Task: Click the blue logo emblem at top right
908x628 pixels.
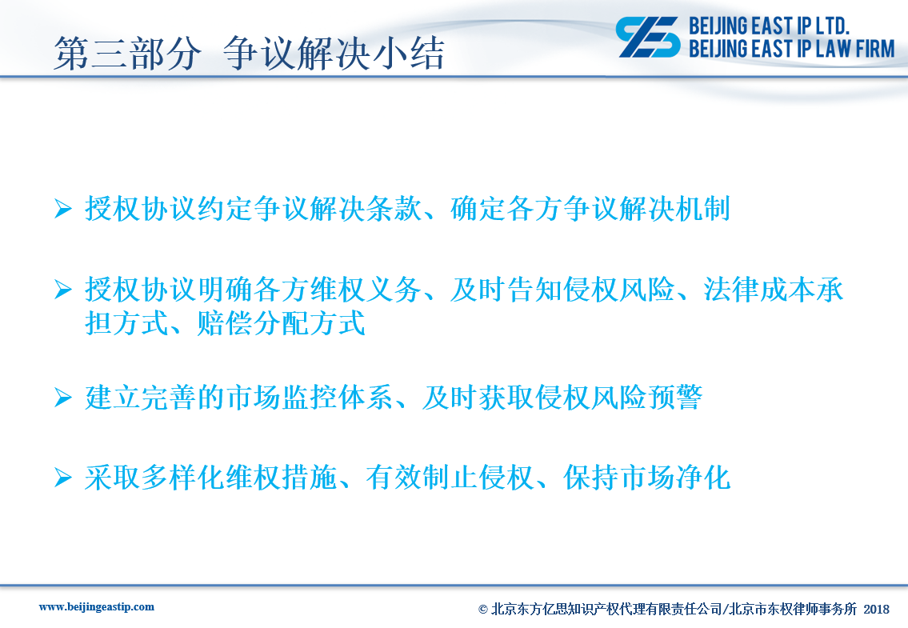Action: tap(647, 37)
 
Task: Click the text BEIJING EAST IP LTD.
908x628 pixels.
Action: tap(769, 26)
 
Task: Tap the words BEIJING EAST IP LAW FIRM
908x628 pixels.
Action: tap(792, 49)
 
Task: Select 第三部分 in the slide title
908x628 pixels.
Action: tap(127, 54)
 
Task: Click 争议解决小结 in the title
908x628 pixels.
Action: tap(334, 54)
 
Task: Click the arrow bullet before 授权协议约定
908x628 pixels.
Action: tap(63, 209)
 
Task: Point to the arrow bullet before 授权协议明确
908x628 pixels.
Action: tap(63, 289)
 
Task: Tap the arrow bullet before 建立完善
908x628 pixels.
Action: tap(63, 398)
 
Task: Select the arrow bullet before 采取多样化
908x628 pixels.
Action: tap(63, 478)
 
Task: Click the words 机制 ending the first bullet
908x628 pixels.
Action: tap(702, 209)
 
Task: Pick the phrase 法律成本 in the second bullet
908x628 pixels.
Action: tap(758, 289)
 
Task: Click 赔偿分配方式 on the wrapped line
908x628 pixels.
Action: tap(282, 322)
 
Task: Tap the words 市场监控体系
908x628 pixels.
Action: tap(310, 398)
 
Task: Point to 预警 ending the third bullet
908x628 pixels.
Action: tap(674, 398)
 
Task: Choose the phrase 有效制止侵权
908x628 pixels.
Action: tap(450, 478)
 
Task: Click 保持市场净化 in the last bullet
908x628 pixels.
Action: tap(647, 478)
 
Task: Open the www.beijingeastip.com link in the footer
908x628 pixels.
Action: tap(97, 607)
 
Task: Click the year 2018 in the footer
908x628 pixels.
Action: tap(876, 609)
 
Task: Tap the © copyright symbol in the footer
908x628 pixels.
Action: tap(483, 610)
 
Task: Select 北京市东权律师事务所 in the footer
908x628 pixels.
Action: tap(793, 609)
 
